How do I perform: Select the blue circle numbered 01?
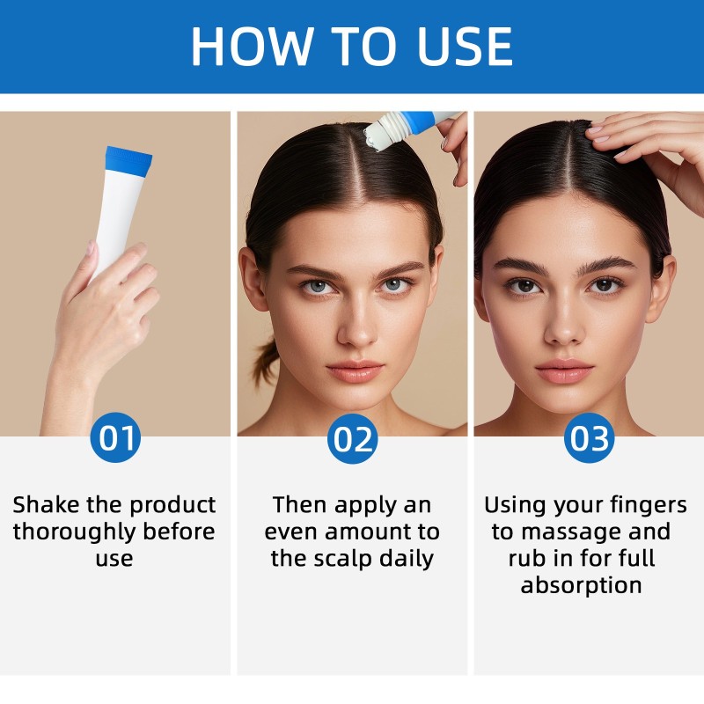115,437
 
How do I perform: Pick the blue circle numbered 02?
352,437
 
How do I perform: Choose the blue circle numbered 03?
589,437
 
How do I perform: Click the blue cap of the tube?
128,159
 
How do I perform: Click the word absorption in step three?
581,585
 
